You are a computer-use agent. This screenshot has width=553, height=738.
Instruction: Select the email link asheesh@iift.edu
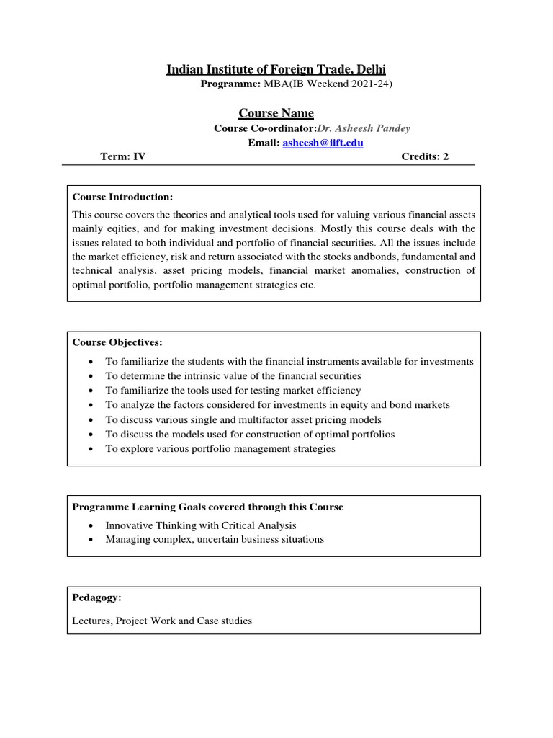coord(323,143)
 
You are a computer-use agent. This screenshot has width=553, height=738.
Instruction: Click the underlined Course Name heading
coord(276,113)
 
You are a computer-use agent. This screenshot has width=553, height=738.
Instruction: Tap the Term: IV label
coord(123,156)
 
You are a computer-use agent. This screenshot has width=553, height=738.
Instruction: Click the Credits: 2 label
coord(424,156)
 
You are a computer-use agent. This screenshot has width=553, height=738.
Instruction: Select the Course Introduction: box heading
coord(122,197)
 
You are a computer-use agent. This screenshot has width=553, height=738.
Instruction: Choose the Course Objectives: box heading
coord(117,342)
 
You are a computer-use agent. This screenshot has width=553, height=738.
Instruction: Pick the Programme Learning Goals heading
coord(208,507)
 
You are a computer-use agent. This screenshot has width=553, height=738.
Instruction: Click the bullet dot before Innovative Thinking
coord(89,526)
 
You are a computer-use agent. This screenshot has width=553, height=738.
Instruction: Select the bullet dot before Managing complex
coord(89,540)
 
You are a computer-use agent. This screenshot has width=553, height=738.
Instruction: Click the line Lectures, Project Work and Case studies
coord(162,620)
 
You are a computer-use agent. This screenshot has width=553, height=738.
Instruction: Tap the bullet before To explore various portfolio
coord(89,449)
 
